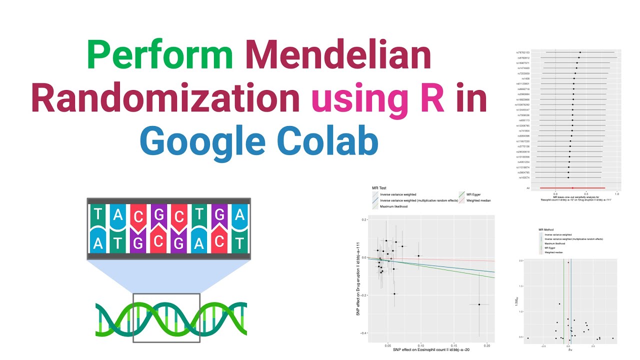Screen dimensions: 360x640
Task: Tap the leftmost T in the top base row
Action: click(99, 215)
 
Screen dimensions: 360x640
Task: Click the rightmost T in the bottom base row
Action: click(240, 244)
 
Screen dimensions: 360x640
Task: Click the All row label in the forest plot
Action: click(528, 188)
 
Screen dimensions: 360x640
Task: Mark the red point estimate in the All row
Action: click(572, 188)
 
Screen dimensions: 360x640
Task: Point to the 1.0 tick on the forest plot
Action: click(616, 193)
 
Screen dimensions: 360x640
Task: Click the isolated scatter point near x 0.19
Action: click(479, 304)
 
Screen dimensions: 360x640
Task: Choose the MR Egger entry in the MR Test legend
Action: click(472, 194)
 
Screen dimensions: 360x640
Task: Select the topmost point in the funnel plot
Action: click(568, 262)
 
